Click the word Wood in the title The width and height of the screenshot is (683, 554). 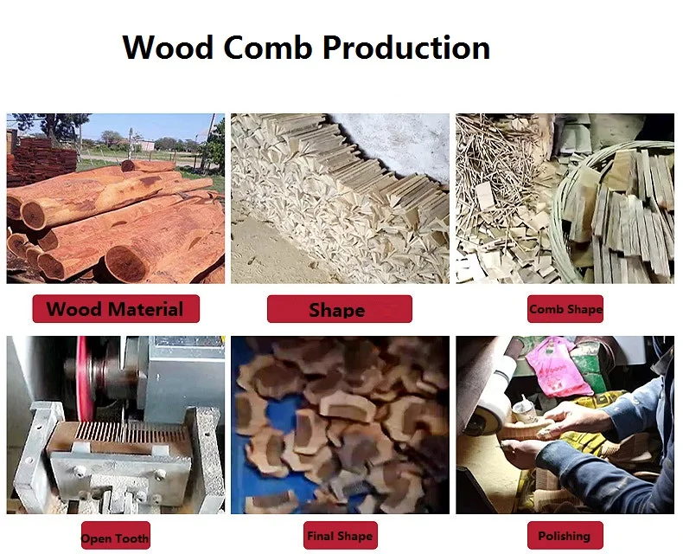click(x=168, y=47)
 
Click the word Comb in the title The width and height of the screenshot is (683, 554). click(x=268, y=47)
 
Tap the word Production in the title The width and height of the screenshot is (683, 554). click(x=406, y=47)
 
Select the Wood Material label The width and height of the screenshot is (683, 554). click(x=116, y=309)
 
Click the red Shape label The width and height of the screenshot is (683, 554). click(x=339, y=309)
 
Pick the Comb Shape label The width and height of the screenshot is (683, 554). click(x=565, y=309)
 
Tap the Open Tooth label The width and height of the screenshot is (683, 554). click(x=116, y=536)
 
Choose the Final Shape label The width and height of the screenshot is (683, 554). click(x=340, y=535)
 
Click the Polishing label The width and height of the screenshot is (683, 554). click(x=565, y=535)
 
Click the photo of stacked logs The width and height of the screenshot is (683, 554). click(x=116, y=198)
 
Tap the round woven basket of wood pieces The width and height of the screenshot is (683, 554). click(x=612, y=214)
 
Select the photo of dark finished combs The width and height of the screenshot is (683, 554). click(x=340, y=425)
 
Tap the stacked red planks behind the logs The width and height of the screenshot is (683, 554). click(x=41, y=159)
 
